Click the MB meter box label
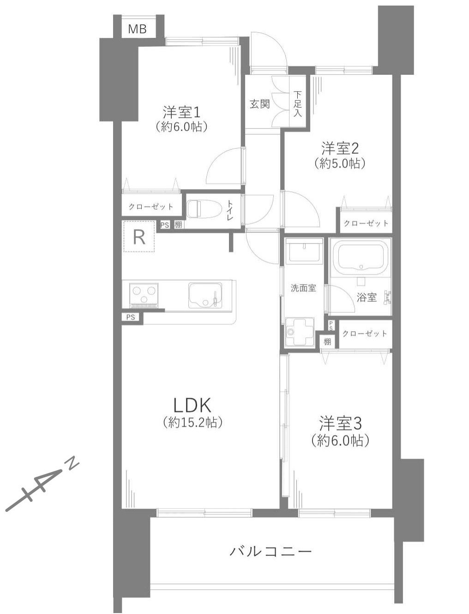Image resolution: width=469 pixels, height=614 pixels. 138,29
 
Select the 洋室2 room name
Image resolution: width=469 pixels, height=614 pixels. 340,149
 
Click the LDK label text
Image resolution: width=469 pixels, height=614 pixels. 192,405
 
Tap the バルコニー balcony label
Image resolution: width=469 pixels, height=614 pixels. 271,551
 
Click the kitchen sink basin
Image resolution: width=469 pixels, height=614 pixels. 203,295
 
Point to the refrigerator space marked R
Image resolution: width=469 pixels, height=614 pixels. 138,237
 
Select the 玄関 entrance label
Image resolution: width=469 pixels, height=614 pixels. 259,104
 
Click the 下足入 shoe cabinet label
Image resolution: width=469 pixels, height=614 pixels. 297,104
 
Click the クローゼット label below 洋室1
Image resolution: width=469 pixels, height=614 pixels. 151,207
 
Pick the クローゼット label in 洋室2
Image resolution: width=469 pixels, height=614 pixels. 366,224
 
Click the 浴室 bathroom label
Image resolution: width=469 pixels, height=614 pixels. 367,298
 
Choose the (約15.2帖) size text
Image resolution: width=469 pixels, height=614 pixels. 192,422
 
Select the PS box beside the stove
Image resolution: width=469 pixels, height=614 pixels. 131,317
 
